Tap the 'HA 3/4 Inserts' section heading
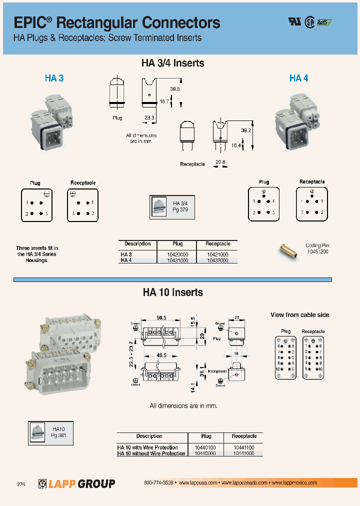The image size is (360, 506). (172, 63)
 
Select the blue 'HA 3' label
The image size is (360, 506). (54, 78)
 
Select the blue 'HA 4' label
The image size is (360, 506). (298, 78)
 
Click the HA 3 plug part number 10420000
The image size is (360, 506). (177, 254)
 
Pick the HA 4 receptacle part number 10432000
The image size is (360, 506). (217, 260)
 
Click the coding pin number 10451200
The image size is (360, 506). (317, 251)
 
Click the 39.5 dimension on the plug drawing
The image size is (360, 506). (174, 88)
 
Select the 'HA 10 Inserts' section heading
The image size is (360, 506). (172, 292)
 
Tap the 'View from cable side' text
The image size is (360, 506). (299, 315)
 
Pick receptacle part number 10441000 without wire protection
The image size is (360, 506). (243, 453)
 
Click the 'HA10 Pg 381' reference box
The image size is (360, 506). (51, 432)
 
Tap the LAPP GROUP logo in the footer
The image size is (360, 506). (76, 483)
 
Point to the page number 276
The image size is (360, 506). (21, 484)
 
